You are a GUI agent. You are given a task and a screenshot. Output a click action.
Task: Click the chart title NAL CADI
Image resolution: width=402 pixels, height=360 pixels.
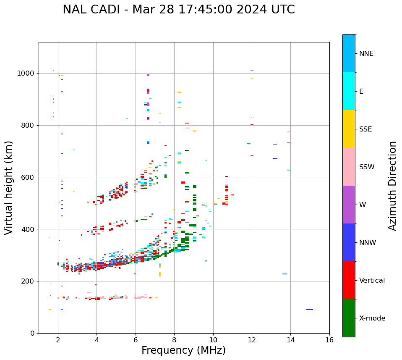click(178, 10)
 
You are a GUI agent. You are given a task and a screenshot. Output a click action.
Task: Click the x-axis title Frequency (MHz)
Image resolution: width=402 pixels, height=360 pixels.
click(183, 350)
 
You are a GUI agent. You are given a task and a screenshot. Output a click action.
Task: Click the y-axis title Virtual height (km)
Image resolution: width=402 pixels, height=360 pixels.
click(9, 188)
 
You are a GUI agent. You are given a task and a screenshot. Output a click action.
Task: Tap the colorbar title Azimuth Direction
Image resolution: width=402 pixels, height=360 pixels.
click(392, 186)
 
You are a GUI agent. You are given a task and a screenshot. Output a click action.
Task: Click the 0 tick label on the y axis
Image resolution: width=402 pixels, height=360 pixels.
click(33, 333)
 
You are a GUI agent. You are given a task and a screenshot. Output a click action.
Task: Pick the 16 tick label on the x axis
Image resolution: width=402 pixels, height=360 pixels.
click(329, 340)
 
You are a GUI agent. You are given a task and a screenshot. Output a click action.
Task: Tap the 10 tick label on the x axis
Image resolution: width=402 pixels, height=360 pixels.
click(213, 340)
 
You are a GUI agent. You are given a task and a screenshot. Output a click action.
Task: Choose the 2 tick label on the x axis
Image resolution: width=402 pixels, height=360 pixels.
click(58, 340)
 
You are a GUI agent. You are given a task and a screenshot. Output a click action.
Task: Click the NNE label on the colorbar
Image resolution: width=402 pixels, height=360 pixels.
click(366, 54)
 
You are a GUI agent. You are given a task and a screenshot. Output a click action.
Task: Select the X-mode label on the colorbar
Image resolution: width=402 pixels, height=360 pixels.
click(372, 318)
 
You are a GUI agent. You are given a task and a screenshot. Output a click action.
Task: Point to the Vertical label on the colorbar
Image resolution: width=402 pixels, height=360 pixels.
click(372, 281)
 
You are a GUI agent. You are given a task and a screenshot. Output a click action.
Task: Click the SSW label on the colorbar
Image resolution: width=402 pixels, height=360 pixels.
click(367, 167)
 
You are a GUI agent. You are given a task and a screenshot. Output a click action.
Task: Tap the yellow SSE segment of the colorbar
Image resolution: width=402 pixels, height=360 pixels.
click(349, 129)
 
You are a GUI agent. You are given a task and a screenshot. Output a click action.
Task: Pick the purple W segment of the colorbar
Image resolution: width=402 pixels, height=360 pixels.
click(349, 205)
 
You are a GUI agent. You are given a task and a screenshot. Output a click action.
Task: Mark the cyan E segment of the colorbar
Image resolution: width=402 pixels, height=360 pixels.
click(349, 91)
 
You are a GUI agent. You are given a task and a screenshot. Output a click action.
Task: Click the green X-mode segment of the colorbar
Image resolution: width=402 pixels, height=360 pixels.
click(349, 318)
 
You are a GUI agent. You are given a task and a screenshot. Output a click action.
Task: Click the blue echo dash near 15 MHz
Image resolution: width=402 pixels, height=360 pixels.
click(310, 310)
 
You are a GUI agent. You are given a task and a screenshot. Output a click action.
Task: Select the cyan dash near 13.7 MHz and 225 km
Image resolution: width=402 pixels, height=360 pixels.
click(285, 274)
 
